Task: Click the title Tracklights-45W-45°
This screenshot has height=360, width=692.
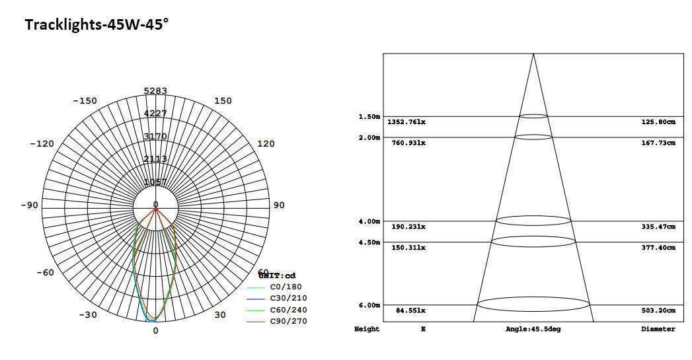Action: [96, 25]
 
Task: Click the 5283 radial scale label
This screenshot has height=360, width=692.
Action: [155, 91]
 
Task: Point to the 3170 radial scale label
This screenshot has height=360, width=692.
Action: [155, 137]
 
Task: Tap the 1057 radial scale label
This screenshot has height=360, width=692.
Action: [155, 182]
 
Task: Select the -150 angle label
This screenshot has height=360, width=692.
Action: [84, 101]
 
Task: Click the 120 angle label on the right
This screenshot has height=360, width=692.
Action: [265, 143]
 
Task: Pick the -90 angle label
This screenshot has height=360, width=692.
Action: [29, 205]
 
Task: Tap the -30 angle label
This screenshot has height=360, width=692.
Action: [88, 314]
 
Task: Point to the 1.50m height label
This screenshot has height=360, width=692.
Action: [369, 117]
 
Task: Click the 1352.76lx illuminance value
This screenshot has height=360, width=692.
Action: [406, 122]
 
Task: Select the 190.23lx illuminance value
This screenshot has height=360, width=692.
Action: [408, 227]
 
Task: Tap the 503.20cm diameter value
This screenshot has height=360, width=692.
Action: [658, 310]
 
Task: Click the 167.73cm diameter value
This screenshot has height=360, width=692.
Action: [658, 143]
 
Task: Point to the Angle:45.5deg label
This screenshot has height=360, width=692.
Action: [533, 329]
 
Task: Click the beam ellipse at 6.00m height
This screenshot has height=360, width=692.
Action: [533, 305]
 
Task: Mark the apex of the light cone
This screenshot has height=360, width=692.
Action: [533, 54]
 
